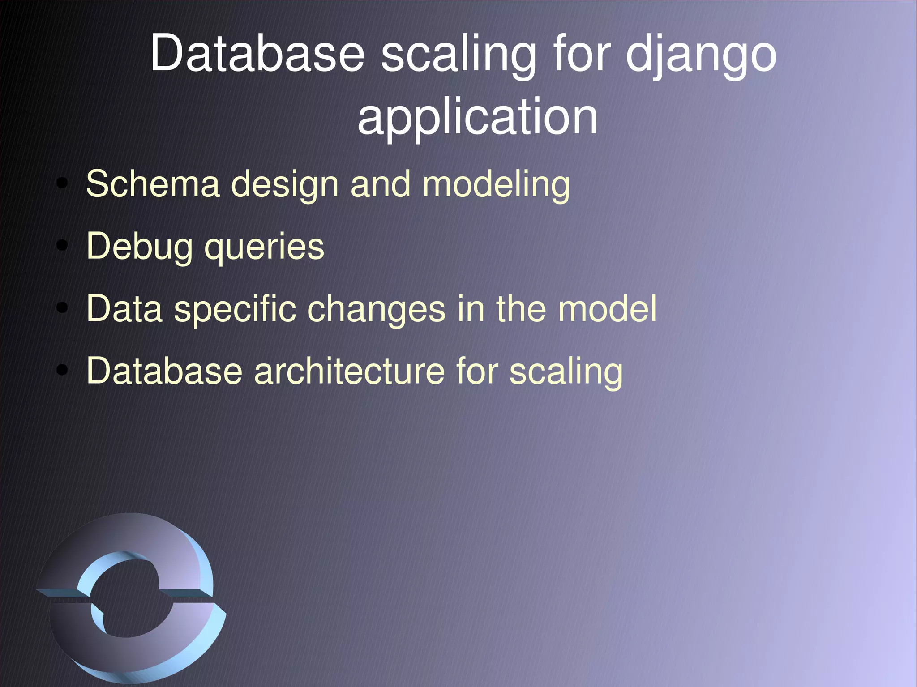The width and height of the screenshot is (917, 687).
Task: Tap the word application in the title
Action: [x=477, y=117]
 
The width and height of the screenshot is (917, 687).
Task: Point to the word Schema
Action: [x=153, y=184]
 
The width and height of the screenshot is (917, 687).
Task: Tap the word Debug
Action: [x=139, y=247]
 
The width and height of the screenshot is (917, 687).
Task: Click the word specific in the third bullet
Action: [x=235, y=310]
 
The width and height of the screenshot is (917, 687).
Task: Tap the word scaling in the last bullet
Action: [x=566, y=373]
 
